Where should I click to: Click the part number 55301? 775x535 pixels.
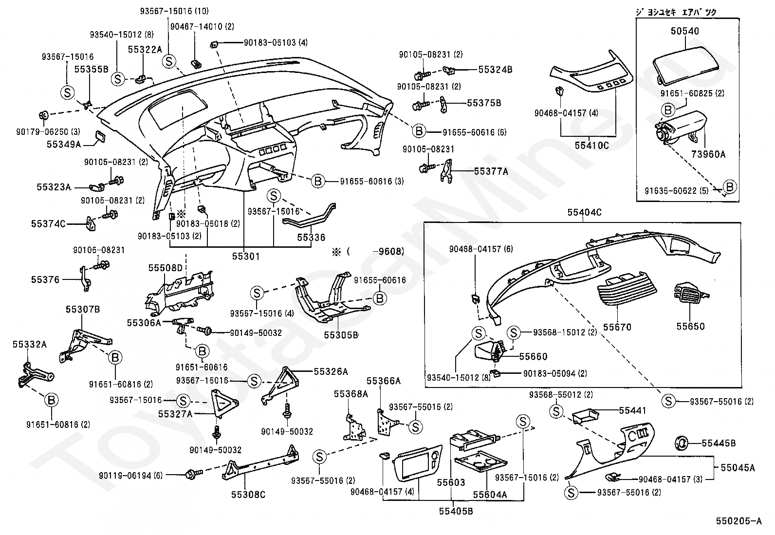[x=245, y=256]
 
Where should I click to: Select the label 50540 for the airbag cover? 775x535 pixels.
[x=684, y=32]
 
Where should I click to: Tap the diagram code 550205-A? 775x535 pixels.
[x=738, y=521]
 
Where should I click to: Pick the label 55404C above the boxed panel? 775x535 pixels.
[x=584, y=213]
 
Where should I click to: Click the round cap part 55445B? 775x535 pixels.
[x=681, y=443]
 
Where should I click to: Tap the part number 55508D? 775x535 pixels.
[x=165, y=268]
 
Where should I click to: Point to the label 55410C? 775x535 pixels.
[x=591, y=145]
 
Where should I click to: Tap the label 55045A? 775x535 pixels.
[x=738, y=468]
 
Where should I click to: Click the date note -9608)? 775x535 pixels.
[x=388, y=252]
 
